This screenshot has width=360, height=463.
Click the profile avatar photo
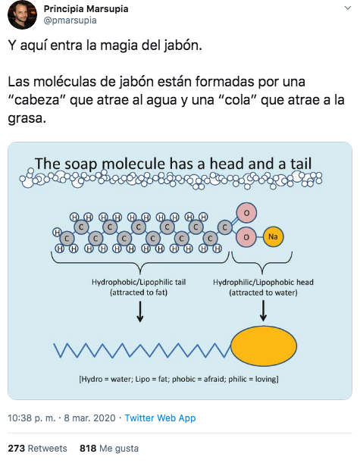[22, 14]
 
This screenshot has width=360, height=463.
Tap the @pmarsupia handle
[70, 20]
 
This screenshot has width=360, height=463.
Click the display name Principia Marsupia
[86, 9]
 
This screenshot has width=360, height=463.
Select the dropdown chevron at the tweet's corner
[348, 8]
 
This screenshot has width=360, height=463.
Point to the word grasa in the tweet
[27, 118]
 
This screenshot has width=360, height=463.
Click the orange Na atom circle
[273, 236]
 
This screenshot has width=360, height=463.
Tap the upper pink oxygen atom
[246, 213]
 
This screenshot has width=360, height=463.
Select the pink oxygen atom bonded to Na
[246, 237]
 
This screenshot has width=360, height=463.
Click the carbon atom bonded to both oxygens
[224, 227]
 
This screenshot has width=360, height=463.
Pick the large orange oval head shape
[264, 346]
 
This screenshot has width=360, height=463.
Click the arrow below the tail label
[140, 311]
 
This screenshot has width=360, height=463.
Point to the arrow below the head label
[263, 311]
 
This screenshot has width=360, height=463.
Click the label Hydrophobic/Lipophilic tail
[139, 282]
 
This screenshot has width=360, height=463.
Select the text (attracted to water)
[263, 293]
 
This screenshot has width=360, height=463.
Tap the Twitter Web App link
[160, 418]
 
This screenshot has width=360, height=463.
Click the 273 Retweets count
[37, 449]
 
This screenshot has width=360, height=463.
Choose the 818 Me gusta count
[109, 449]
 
